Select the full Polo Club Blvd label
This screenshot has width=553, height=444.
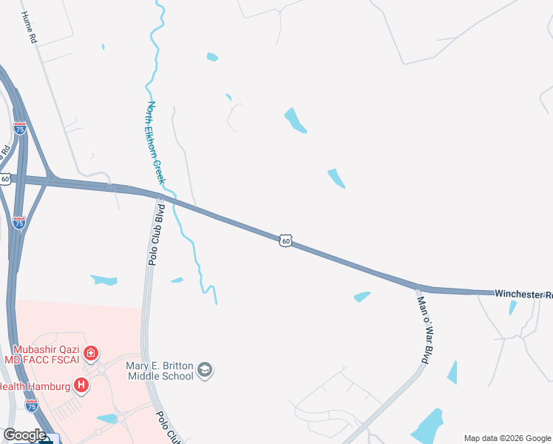(x=155, y=235)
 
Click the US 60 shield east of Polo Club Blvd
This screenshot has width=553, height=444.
(x=286, y=240)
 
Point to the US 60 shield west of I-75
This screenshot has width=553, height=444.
(x=5, y=179)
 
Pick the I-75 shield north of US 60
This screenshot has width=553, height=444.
(x=20, y=128)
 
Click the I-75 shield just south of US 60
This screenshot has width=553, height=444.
(x=19, y=222)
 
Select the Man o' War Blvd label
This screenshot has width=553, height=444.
(x=423, y=330)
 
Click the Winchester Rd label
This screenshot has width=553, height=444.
(x=523, y=294)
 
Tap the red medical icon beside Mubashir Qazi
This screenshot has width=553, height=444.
(x=91, y=354)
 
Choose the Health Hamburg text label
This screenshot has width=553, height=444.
(x=35, y=386)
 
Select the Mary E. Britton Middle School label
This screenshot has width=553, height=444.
(x=159, y=370)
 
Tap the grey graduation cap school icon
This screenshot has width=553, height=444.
(x=206, y=369)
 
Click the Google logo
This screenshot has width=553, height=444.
(x=24, y=435)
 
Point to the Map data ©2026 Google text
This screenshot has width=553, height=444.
(x=506, y=438)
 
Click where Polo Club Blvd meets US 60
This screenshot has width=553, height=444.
(x=160, y=196)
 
